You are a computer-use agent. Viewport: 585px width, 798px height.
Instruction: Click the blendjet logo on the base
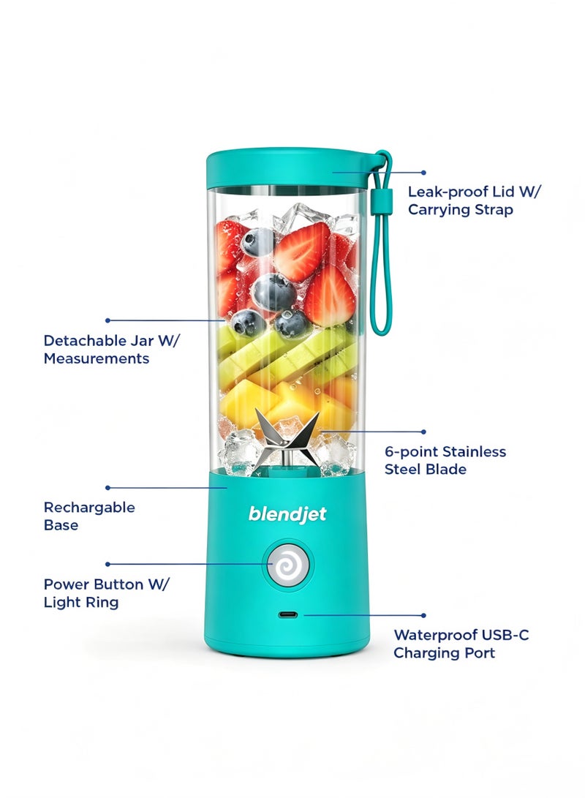point(287,514)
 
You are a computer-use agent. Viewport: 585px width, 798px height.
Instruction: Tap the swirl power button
point(288,565)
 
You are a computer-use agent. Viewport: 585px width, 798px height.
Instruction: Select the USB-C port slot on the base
point(288,615)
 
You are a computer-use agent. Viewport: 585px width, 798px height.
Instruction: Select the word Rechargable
point(89,508)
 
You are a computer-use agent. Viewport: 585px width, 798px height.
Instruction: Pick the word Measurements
point(96,358)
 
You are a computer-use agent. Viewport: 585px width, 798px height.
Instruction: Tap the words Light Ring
point(81,603)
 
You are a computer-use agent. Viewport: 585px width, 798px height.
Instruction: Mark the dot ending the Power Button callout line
point(107,565)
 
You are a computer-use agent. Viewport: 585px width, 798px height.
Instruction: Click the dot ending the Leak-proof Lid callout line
point(423,173)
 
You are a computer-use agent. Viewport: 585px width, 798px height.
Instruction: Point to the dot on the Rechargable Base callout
point(107,488)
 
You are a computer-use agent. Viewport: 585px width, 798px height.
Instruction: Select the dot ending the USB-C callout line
point(423,615)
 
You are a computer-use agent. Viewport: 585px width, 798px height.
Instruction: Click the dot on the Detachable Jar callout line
point(107,320)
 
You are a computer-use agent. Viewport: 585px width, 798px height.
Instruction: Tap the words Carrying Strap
point(461,210)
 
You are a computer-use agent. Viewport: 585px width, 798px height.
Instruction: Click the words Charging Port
point(444,653)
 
